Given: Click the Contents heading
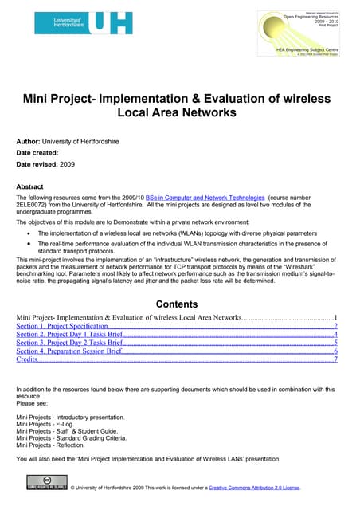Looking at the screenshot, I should coord(179,304).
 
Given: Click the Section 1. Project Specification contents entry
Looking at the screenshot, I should coord(62,327).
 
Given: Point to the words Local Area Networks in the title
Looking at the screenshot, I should coord(179,112).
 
